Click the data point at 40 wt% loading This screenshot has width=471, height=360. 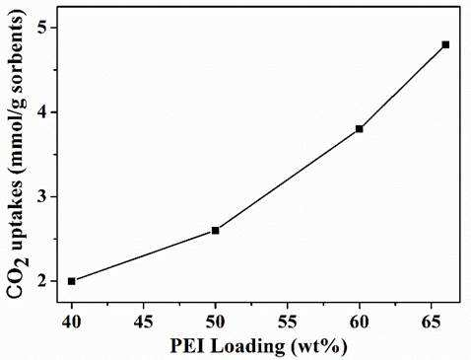click(72, 281)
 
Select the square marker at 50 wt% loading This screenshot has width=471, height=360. click(216, 231)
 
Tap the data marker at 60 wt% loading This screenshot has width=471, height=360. click(360, 129)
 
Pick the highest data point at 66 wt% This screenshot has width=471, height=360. click(445, 44)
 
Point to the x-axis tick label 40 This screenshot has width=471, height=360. click(72, 323)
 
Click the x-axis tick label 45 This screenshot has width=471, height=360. click(144, 323)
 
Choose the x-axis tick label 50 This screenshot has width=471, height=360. click(216, 323)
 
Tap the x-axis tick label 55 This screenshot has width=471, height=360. click(288, 323)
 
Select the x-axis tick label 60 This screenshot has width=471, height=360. click(360, 323)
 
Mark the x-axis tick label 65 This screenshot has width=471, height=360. click(432, 323)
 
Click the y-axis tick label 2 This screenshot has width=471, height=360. click(44, 281)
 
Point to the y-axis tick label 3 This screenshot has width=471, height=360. click(44, 197)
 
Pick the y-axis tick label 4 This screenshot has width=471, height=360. click(44, 112)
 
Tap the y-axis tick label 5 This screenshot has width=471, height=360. click(44, 28)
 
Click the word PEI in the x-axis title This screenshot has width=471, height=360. click(186, 346)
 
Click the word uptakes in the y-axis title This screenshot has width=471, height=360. click(16, 208)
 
